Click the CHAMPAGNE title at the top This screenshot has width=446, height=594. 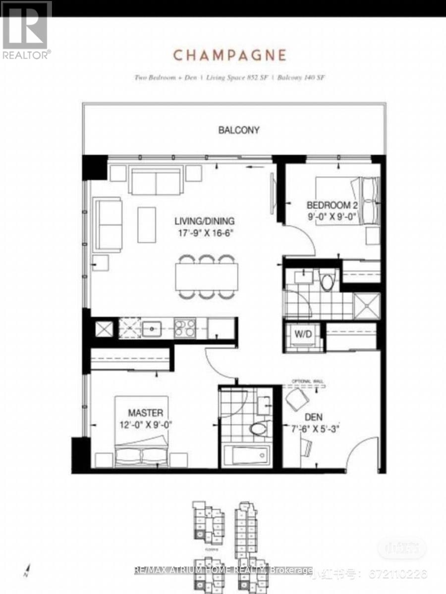[x=229, y=55]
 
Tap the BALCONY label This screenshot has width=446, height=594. [x=239, y=130]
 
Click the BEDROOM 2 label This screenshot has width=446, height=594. [x=332, y=205]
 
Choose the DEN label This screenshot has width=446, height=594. [x=314, y=416]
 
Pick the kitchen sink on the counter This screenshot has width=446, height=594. [x=151, y=328]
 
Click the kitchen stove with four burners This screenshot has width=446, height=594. [x=184, y=328]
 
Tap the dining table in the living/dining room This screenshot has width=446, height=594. [x=206, y=276]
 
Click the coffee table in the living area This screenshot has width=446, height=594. [x=147, y=224]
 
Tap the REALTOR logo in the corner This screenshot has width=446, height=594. [x=26, y=30]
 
